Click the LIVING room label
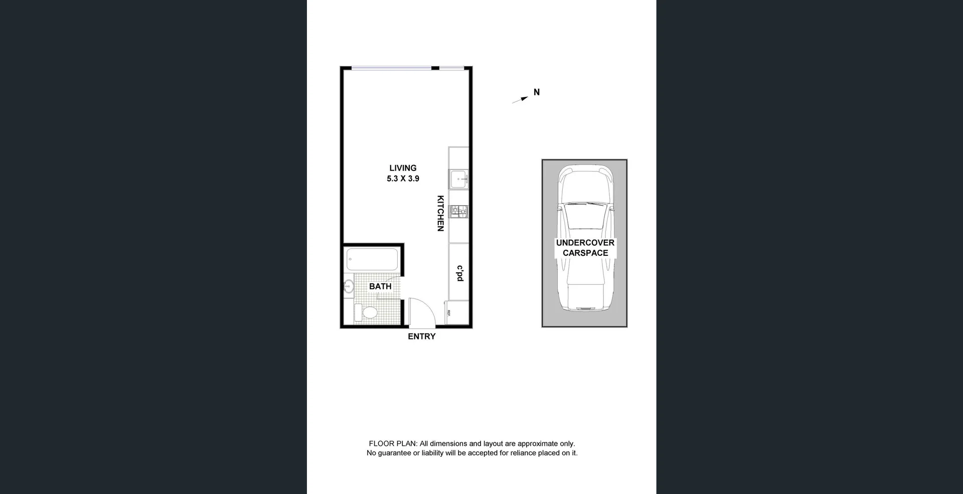(x=403, y=168)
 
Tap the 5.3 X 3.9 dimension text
(x=403, y=179)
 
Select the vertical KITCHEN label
(x=440, y=213)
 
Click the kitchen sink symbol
(x=458, y=179)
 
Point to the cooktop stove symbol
(x=458, y=212)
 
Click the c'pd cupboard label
(x=459, y=273)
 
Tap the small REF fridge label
(x=448, y=313)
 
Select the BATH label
(x=380, y=286)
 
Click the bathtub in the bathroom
(x=373, y=260)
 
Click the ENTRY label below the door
(x=421, y=337)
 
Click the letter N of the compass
(x=537, y=92)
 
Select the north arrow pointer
(x=521, y=100)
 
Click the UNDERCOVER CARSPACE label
(x=585, y=248)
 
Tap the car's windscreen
(x=584, y=216)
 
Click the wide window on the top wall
(x=391, y=68)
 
